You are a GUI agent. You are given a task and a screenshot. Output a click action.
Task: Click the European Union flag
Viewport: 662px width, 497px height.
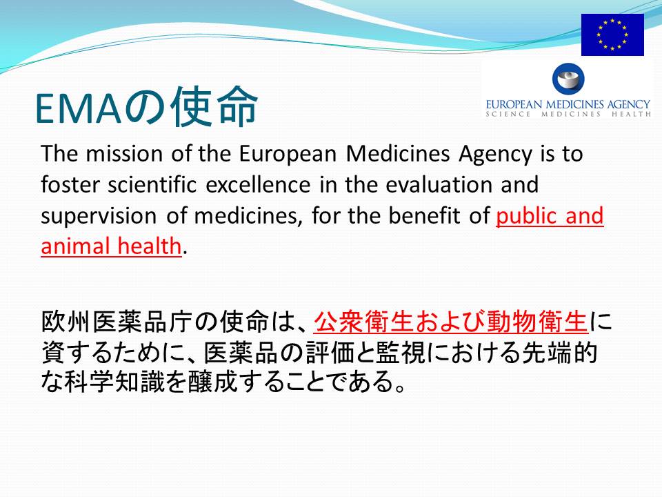[x=612, y=35]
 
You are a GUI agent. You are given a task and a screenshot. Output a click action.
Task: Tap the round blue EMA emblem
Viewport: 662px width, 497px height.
[x=568, y=79]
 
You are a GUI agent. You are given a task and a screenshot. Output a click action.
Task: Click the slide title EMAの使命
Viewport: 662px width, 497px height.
[x=146, y=106]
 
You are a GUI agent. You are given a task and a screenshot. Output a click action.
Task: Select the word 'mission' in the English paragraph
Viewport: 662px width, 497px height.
[x=124, y=153]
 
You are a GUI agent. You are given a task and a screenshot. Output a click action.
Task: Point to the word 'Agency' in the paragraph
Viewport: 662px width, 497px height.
[x=496, y=155]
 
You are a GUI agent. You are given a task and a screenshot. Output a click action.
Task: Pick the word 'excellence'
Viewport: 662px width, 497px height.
[x=258, y=185]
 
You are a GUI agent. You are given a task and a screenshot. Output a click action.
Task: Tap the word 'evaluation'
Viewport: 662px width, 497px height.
[x=439, y=185]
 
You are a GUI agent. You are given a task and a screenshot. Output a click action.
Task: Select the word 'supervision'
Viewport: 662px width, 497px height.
[x=99, y=217]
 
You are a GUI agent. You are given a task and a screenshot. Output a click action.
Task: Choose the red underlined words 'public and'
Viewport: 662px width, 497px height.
[x=550, y=217]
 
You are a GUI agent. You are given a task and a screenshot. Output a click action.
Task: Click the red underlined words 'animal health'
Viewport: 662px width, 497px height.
[x=112, y=246]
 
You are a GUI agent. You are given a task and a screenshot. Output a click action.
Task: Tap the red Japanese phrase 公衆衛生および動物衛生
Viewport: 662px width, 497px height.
[x=451, y=322]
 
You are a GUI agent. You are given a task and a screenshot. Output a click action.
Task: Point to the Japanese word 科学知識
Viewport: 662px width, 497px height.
[x=114, y=381]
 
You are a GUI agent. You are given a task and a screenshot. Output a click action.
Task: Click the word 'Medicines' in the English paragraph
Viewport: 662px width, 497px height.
[x=398, y=153]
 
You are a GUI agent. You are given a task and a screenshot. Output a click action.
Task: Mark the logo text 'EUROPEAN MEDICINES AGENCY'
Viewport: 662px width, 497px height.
[x=568, y=104]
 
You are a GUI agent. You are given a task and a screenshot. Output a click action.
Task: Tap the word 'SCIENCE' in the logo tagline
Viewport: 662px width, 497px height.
[x=508, y=114]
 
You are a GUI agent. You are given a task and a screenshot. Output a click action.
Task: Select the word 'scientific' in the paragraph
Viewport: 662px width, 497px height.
[x=152, y=185]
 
